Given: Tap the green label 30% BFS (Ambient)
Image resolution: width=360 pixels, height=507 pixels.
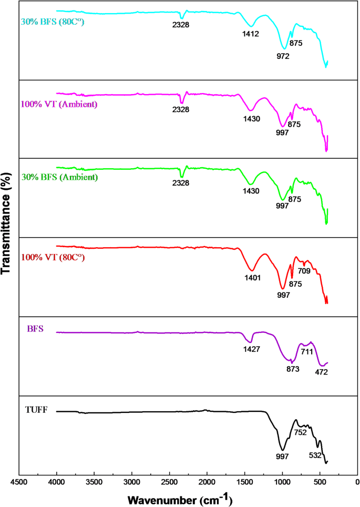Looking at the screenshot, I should pyautogui.click(x=59, y=177).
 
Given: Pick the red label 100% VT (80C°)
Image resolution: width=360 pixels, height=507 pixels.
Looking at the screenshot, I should pyautogui.click(x=53, y=258).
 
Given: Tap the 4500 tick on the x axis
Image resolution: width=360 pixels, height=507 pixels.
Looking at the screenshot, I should pyautogui.click(x=19, y=481).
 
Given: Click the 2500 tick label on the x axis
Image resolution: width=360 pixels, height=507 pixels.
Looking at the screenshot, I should pyautogui.click(x=169, y=481).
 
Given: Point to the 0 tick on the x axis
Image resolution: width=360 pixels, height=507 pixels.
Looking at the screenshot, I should pyautogui.click(x=357, y=481).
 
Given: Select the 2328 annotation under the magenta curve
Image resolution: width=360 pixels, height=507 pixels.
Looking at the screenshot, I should pyautogui.click(x=181, y=109).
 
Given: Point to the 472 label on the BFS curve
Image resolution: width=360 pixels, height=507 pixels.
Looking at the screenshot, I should pyautogui.click(x=322, y=372).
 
